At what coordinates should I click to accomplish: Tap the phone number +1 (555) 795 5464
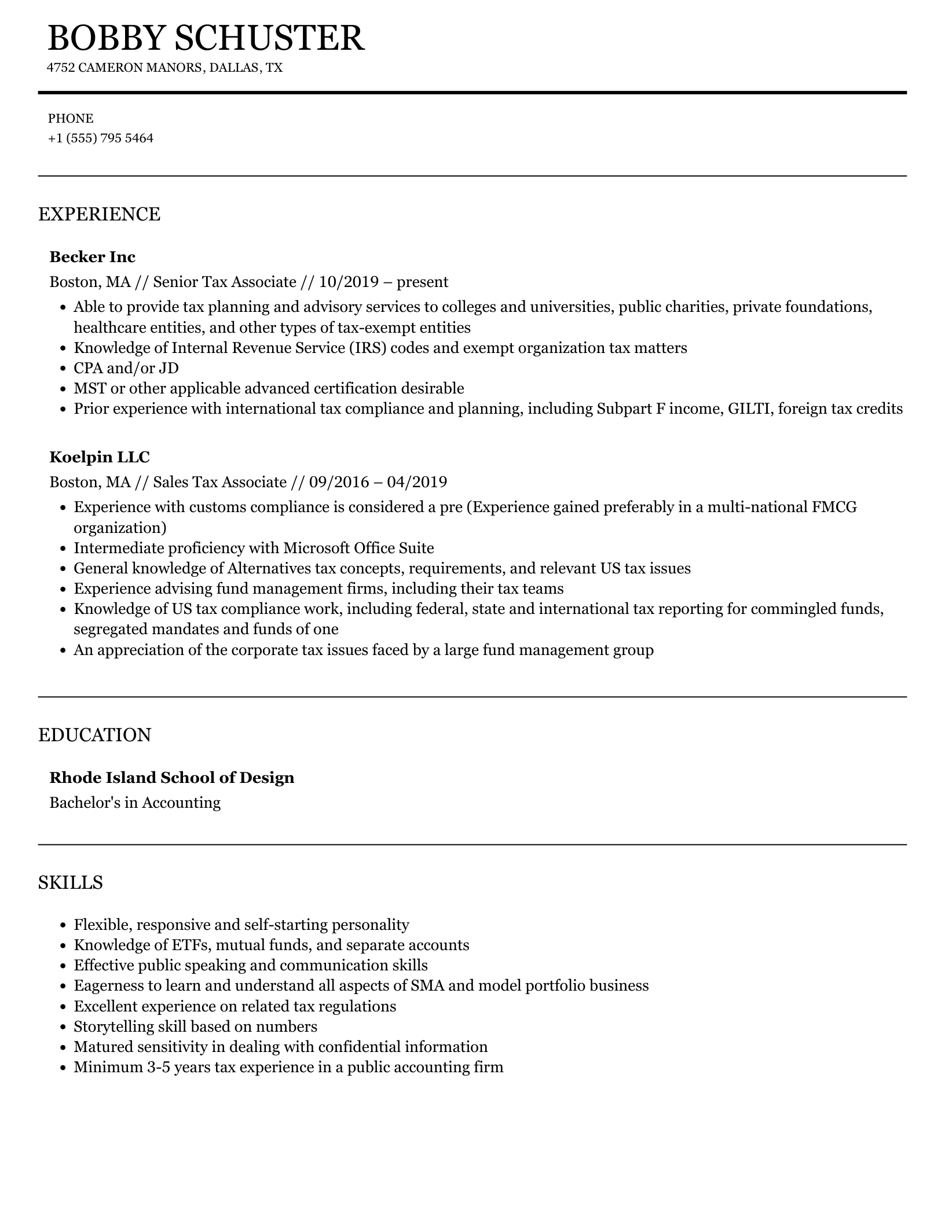(101, 138)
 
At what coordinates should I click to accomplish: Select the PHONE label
(71, 119)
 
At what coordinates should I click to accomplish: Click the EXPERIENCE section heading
(99, 214)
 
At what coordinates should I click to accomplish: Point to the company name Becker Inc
(93, 256)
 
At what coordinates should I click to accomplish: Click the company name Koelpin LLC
(100, 457)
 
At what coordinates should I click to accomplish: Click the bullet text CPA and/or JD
(126, 368)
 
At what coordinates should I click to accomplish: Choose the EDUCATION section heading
(94, 735)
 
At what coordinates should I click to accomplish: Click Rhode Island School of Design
(172, 777)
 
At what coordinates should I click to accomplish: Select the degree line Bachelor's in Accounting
(135, 803)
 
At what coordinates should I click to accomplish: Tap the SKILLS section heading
(71, 882)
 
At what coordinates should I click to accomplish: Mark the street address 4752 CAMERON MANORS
(124, 68)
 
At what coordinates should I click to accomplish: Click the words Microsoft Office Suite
(358, 548)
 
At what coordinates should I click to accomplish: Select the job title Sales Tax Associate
(220, 482)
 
